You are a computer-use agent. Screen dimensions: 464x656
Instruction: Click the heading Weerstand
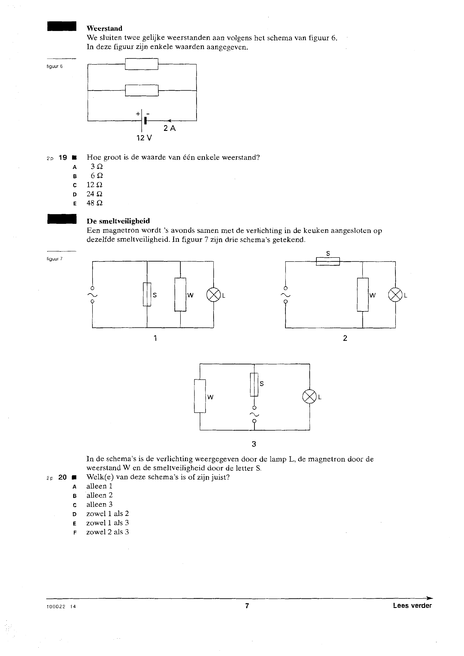click(104, 28)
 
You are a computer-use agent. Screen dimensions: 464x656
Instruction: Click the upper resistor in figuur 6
click(142, 64)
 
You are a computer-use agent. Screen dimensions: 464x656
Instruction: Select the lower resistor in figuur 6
click(142, 90)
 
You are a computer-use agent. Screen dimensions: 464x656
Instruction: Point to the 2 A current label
click(170, 129)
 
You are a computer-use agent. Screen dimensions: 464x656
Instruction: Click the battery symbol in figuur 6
click(144, 121)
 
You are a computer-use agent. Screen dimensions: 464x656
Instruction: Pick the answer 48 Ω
click(95, 203)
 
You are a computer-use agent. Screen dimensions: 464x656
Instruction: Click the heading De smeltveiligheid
click(118, 221)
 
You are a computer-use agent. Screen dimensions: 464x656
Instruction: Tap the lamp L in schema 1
click(214, 295)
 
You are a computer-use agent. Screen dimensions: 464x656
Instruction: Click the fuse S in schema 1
click(147, 294)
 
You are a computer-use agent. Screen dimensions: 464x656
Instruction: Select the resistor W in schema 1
click(180, 294)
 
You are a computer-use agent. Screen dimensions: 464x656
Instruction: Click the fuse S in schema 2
click(328, 261)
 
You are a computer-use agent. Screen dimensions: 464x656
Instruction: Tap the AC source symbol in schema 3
click(254, 415)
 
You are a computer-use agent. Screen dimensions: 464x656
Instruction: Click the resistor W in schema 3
click(200, 396)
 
